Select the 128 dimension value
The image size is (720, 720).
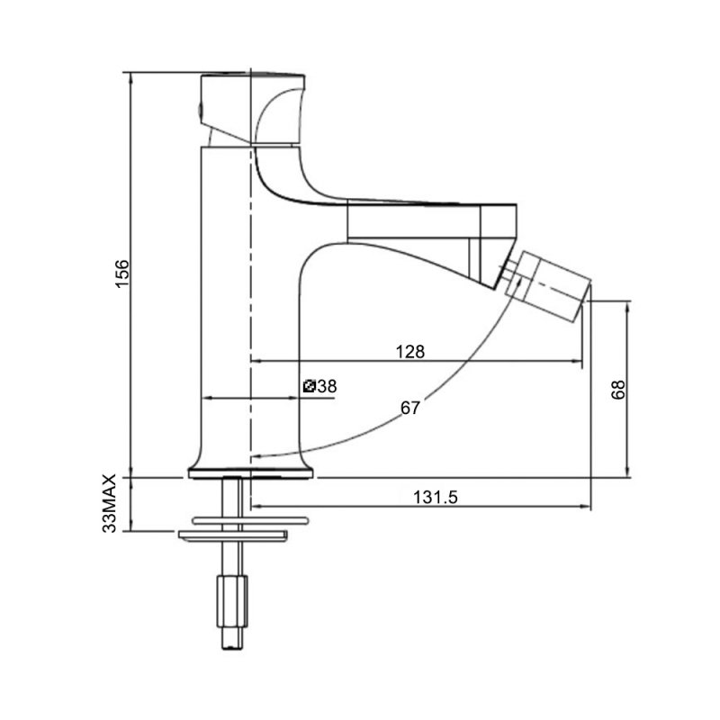pyautogui.click(x=409, y=351)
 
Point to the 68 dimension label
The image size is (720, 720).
pyautogui.click(x=617, y=389)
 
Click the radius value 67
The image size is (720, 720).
pyautogui.click(x=409, y=408)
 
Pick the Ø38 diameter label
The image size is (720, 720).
pyautogui.click(x=319, y=386)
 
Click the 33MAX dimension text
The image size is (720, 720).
pyautogui.click(x=109, y=505)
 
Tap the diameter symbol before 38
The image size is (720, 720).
pyautogui.click(x=310, y=386)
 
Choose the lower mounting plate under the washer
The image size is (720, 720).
pyautogui.click(x=232, y=536)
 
